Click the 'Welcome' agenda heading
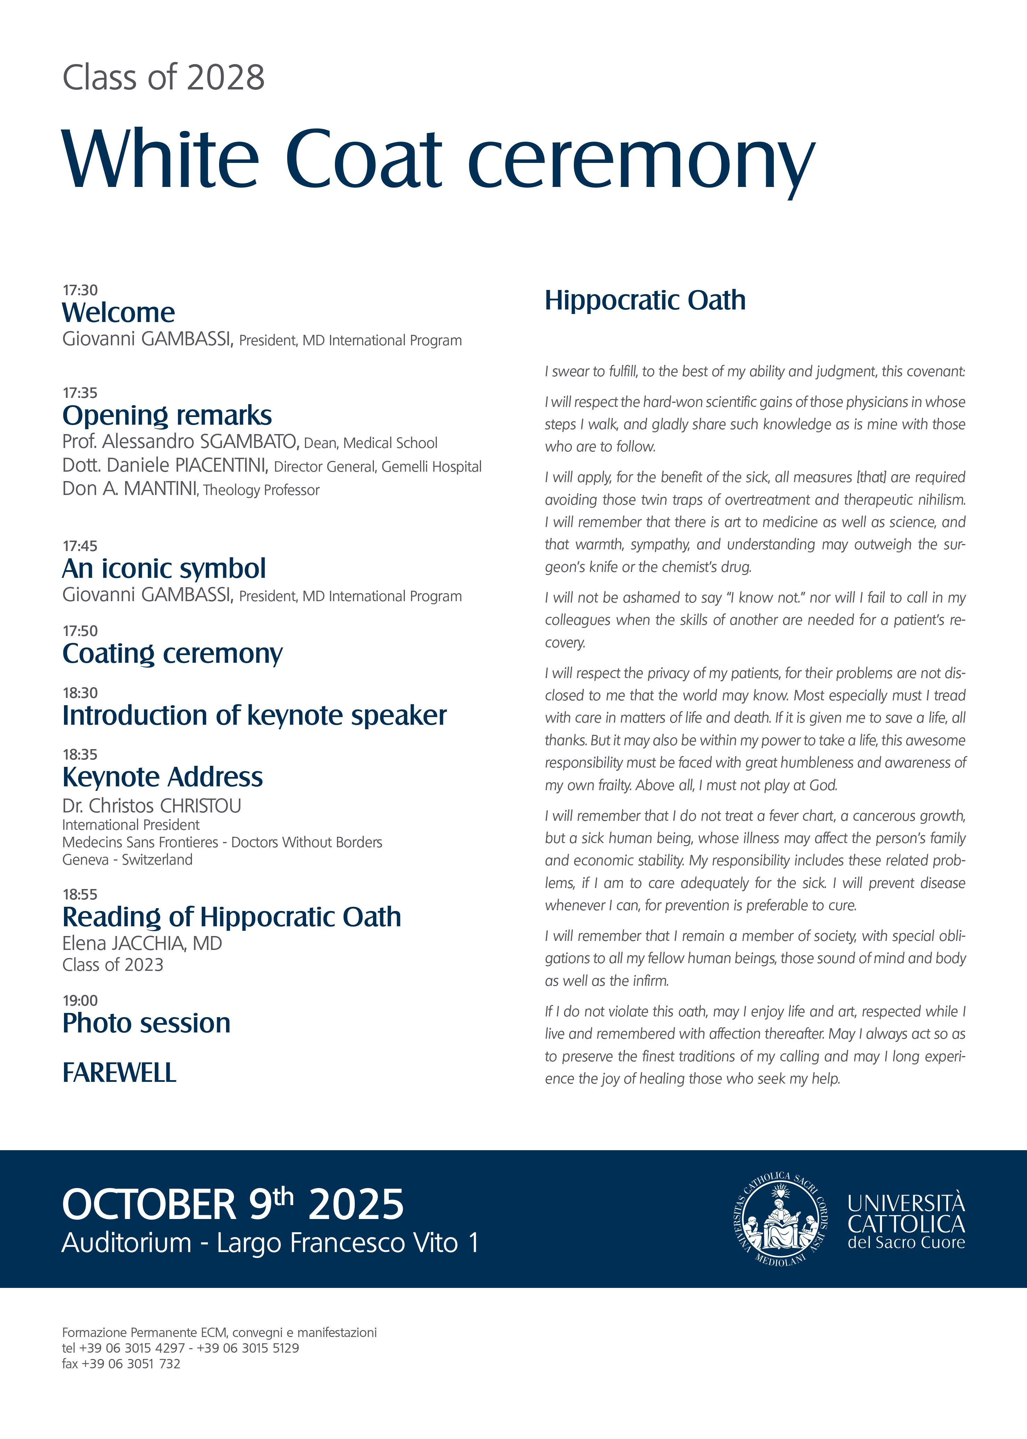click(118, 313)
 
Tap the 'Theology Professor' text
click(261, 490)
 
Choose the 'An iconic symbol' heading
click(164, 568)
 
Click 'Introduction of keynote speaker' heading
click(254, 715)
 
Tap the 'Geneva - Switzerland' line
click(127, 859)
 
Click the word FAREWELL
click(119, 1072)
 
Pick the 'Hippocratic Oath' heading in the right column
click(645, 300)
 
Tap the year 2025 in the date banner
click(355, 1204)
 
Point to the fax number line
click(121, 1364)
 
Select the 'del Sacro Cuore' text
click(906, 1242)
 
